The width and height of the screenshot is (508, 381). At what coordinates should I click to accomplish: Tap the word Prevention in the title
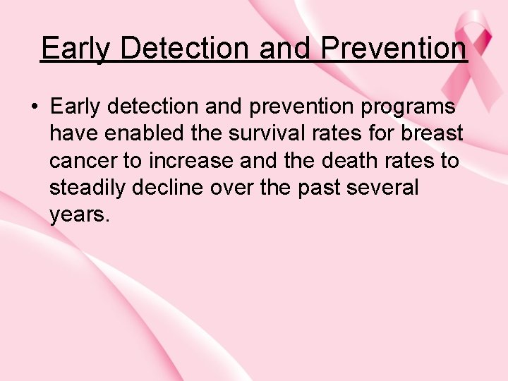[x=393, y=49]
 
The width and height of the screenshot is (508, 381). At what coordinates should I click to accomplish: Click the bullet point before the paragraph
[x=34, y=107]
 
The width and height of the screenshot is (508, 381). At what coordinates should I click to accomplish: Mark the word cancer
[x=83, y=161]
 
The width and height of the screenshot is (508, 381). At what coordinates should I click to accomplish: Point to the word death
[x=352, y=161]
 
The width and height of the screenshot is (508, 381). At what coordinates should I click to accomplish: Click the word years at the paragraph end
[x=78, y=214]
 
